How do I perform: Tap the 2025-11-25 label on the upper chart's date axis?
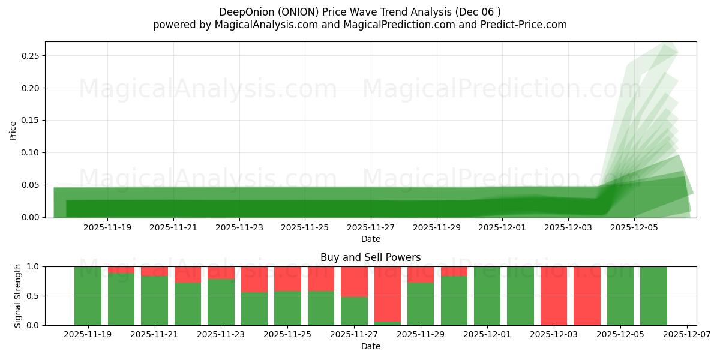tap(305, 228)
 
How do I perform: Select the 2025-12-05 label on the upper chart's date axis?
tap(635, 228)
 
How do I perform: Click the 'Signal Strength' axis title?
tap(18, 295)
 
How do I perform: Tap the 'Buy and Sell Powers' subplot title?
tap(370, 257)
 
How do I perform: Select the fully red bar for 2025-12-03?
tap(553, 295)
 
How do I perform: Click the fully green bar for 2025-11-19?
tap(88, 295)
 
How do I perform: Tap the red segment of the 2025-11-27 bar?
tap(354, 281)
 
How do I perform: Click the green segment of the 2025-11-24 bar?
tap(254, 309)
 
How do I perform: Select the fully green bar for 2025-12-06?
tap(653, 295)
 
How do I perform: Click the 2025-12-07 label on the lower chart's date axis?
tap(686, 335)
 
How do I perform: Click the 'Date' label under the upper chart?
tap(370, 239)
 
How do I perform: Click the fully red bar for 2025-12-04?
tap(587, 295)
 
